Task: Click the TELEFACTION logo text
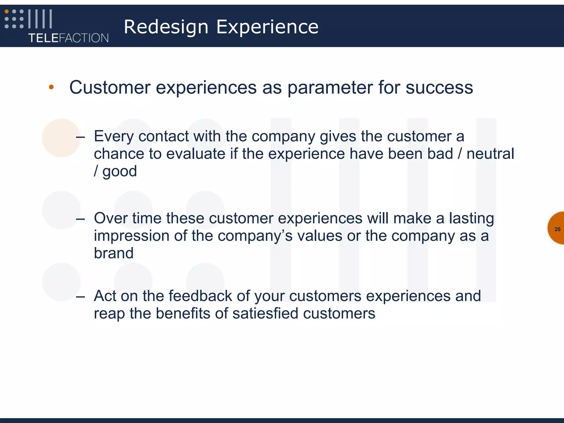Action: coord(68,38)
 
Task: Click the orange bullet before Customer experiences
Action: coord(51,87)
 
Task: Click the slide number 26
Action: coord(557,229)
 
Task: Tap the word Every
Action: coord(114,137)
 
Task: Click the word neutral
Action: coord(490,154)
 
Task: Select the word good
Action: coord(120,172)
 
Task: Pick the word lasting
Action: coord(471,218)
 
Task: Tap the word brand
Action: coord(113,253)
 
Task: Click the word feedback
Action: coord(200,296)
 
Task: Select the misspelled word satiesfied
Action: coord(265,313)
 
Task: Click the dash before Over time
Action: coord(80,219)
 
